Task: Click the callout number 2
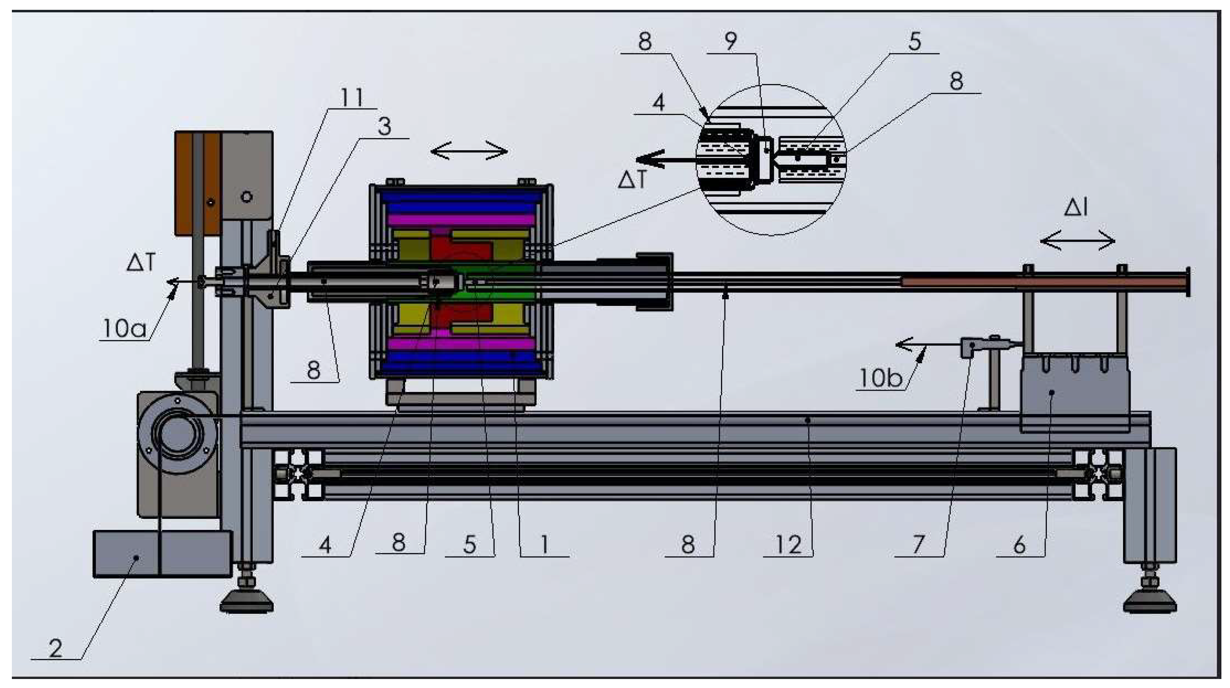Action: click(55, 649)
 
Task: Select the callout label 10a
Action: click(124, 329)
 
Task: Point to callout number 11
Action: click(352, 98)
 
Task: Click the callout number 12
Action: click(788, 544)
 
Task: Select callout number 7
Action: click(919, 544)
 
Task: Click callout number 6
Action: click(1019, 544)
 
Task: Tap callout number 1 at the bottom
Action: click(544, 544)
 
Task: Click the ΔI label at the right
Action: click(1076, 208)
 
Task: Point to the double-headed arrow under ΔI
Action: click(1078, 242)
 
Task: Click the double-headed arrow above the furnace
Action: click(469, 152)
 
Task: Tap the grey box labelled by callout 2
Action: click(162, 554)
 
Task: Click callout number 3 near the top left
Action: click(384, 127)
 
